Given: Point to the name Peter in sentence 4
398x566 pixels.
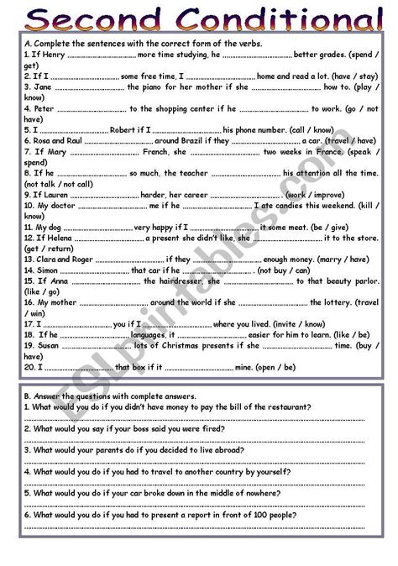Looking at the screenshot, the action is [x=46, y=108].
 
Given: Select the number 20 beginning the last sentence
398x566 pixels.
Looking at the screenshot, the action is [x=29, y=367].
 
